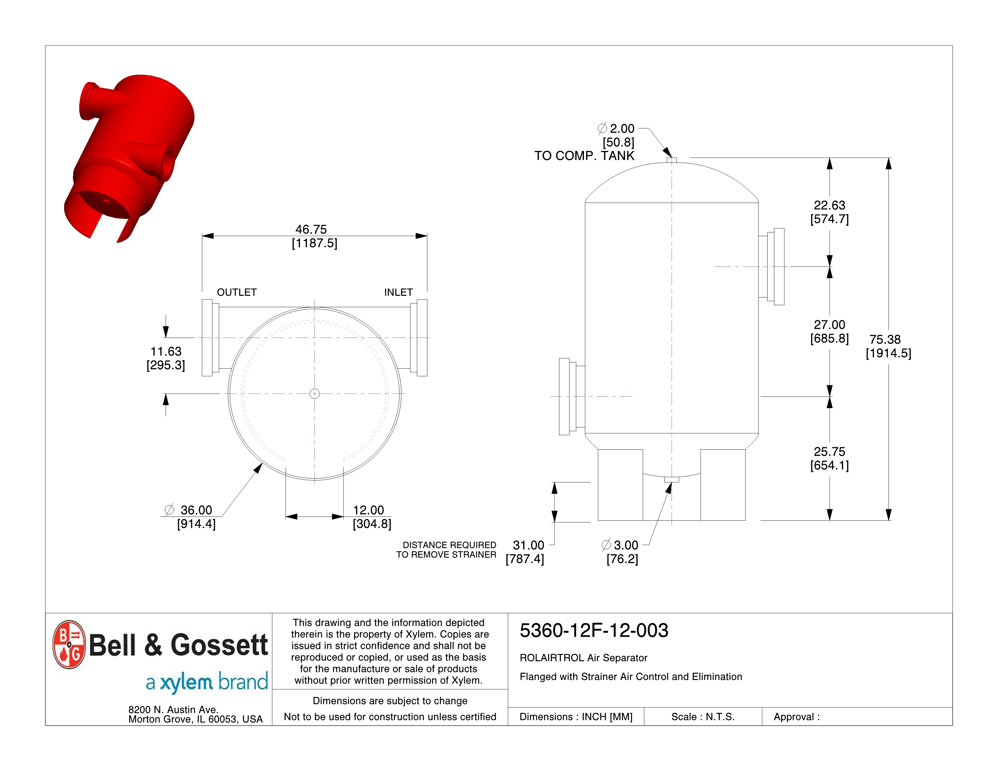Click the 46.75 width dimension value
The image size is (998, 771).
[311, 229]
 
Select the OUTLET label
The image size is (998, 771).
[237, 292]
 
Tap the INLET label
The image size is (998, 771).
[399, 292]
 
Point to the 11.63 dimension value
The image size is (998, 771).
[166, 351]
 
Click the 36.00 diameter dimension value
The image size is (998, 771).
[196, 510]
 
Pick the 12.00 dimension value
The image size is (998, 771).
[368, 510]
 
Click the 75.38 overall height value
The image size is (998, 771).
[885, 339]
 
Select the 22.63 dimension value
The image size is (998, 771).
[829, 205]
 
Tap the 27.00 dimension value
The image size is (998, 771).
[829, 325]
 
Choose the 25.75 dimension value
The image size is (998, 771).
[829, 452]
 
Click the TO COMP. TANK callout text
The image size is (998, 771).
[585, 156]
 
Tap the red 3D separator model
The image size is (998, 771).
[132, 151]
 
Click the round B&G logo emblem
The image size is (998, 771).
[69, 645]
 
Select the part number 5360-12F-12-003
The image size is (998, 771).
[594, 630]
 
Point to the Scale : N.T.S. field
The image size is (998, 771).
[703, 717]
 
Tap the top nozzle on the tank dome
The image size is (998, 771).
[672, 160]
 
